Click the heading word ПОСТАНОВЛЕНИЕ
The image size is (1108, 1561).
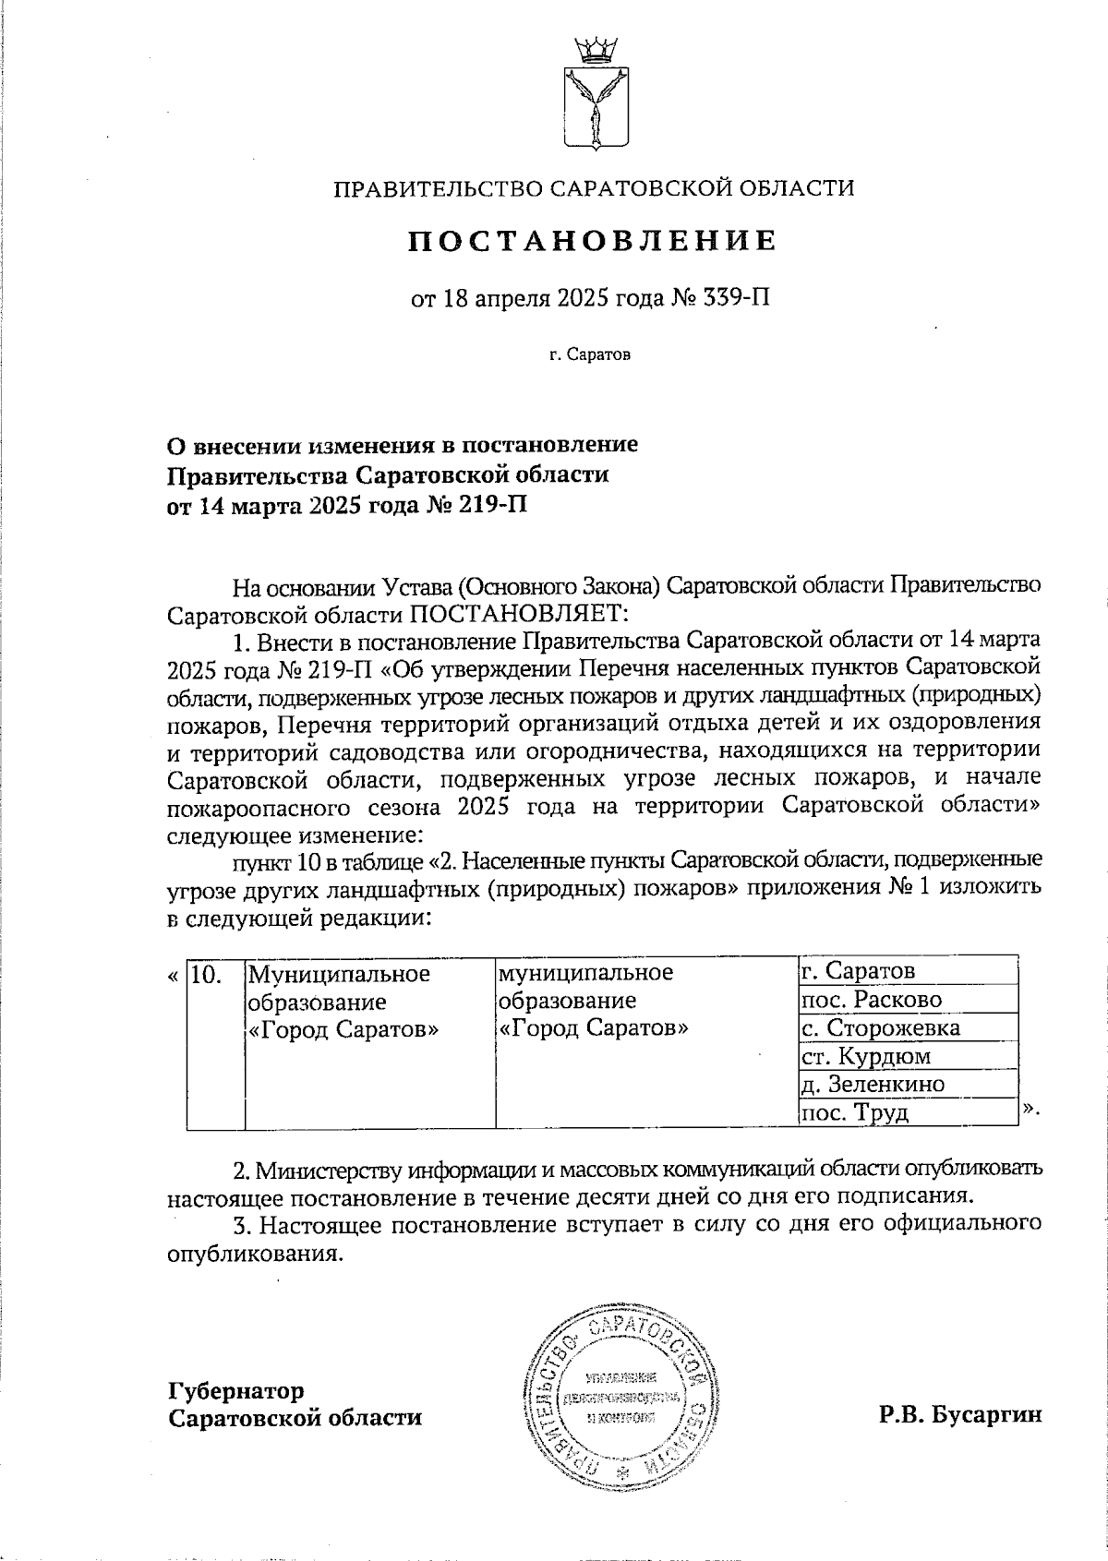pos(593,241)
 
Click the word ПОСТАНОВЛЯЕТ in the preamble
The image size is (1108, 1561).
pos(517,613)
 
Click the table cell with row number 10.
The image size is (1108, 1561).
pos(207,974)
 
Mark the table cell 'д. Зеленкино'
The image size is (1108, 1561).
pos(873,1084)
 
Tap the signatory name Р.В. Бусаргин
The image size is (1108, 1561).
pos(960,1414)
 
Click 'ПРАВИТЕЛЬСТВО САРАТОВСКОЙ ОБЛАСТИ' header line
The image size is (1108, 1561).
pos(593,189)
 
